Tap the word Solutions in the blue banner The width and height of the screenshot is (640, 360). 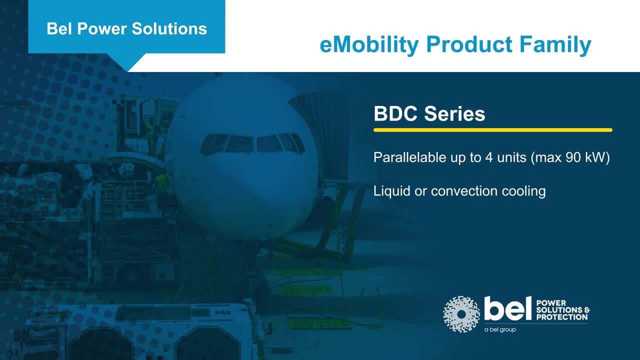pos(169,29)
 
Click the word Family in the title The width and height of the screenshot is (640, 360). pos(555,45)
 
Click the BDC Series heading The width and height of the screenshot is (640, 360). pos(429,113)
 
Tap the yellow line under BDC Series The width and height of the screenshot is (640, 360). pos(493,130)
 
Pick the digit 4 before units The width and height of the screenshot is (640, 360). pos(489,157)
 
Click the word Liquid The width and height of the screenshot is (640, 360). pos(392,191)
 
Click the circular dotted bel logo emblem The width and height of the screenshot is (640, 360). pos(461,314)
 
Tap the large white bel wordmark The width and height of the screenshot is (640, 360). pos(507,308)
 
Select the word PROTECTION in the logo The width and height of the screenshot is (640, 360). pos(562,317)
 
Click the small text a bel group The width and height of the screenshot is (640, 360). pos(500,329)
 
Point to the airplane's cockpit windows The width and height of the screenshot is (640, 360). pos(252,143)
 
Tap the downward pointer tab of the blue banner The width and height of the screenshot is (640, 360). pos(127,60)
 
